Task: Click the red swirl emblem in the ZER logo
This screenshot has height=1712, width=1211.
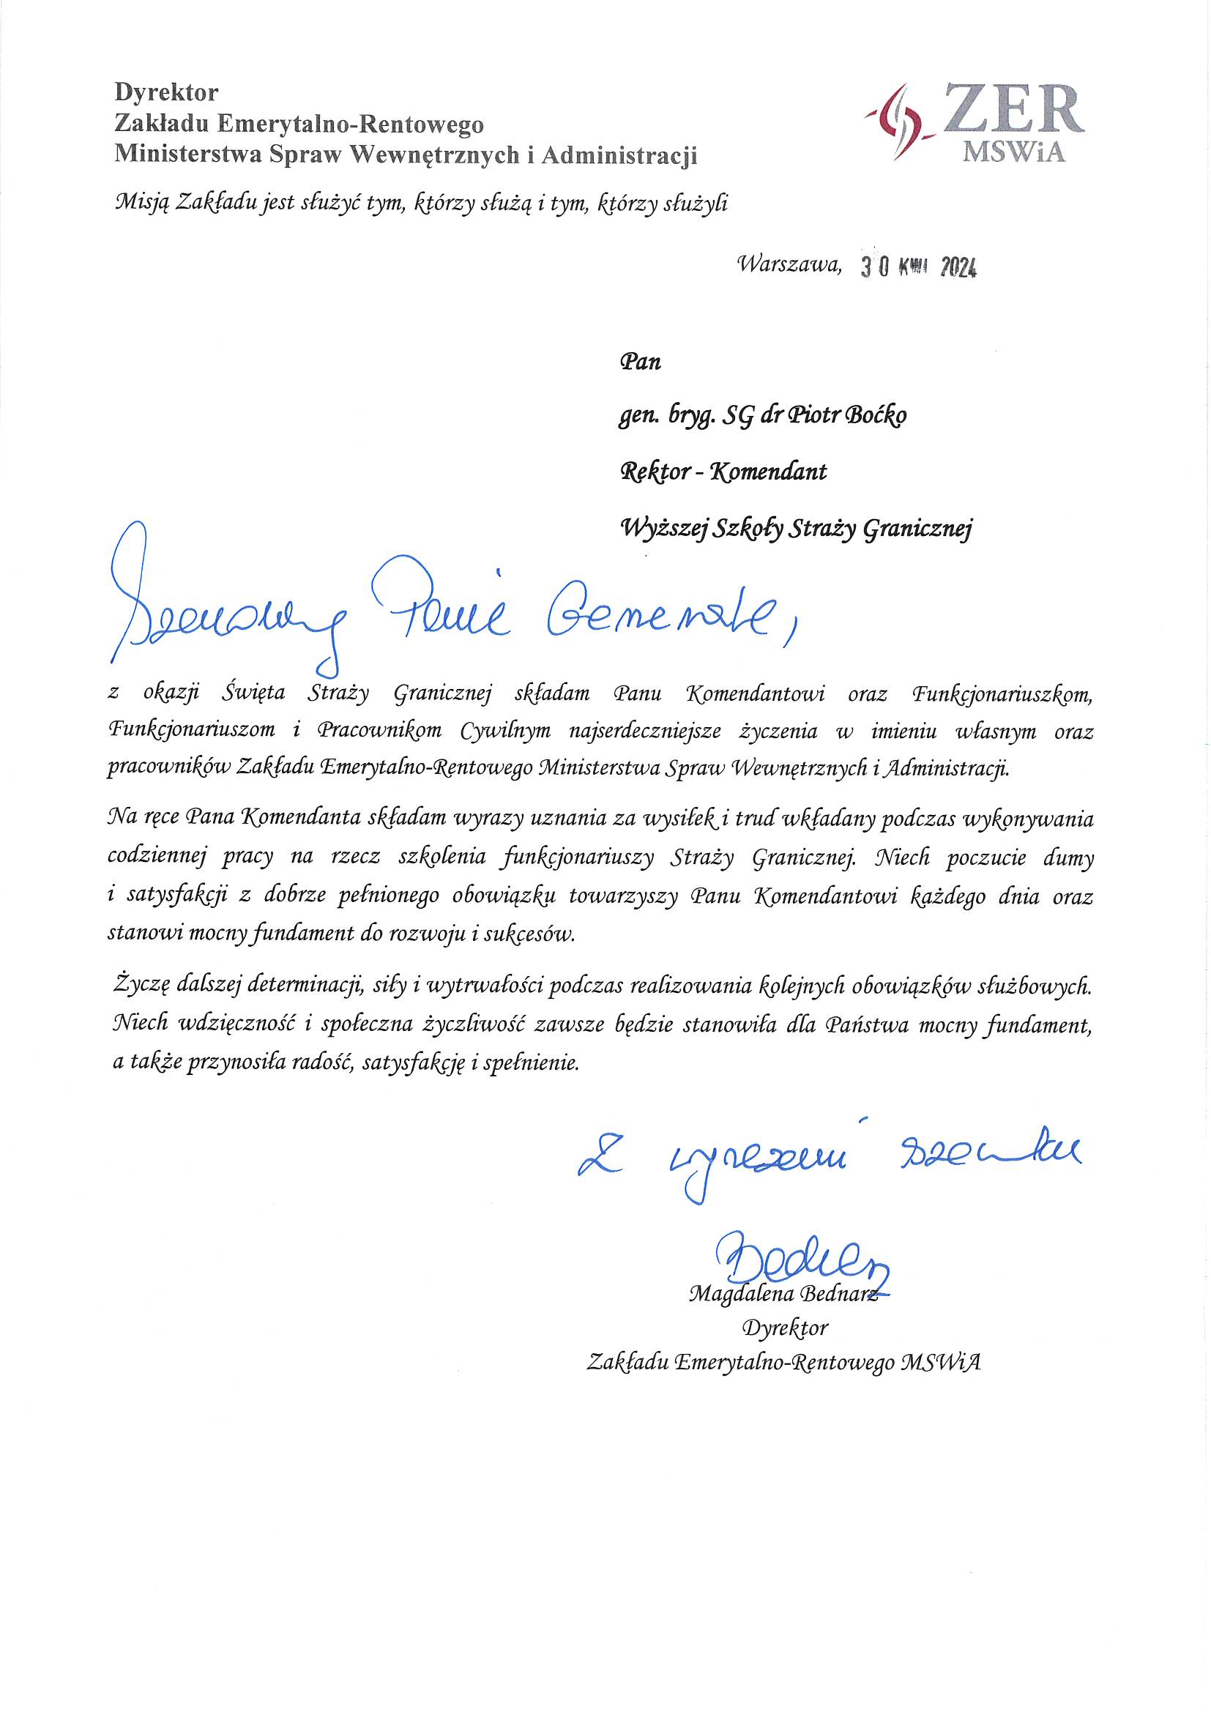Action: pos(899,121)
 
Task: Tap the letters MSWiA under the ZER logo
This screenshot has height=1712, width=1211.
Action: pos(1013,152)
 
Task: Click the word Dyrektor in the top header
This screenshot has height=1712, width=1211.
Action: pos(166,92)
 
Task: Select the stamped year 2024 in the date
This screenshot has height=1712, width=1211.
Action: pos(958,268)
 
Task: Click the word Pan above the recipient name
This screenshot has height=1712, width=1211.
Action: pos(640,362)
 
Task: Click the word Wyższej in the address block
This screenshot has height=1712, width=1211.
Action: pos(663,529)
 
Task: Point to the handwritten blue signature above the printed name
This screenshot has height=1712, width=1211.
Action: pos(802,1259)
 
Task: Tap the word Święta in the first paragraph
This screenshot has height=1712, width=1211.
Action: pos(253,693)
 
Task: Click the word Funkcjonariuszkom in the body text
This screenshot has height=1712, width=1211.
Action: pos(1002,694)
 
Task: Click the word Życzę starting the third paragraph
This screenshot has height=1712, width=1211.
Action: pos(144,987)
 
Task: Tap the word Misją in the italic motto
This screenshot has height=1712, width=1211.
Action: pos(141,203)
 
